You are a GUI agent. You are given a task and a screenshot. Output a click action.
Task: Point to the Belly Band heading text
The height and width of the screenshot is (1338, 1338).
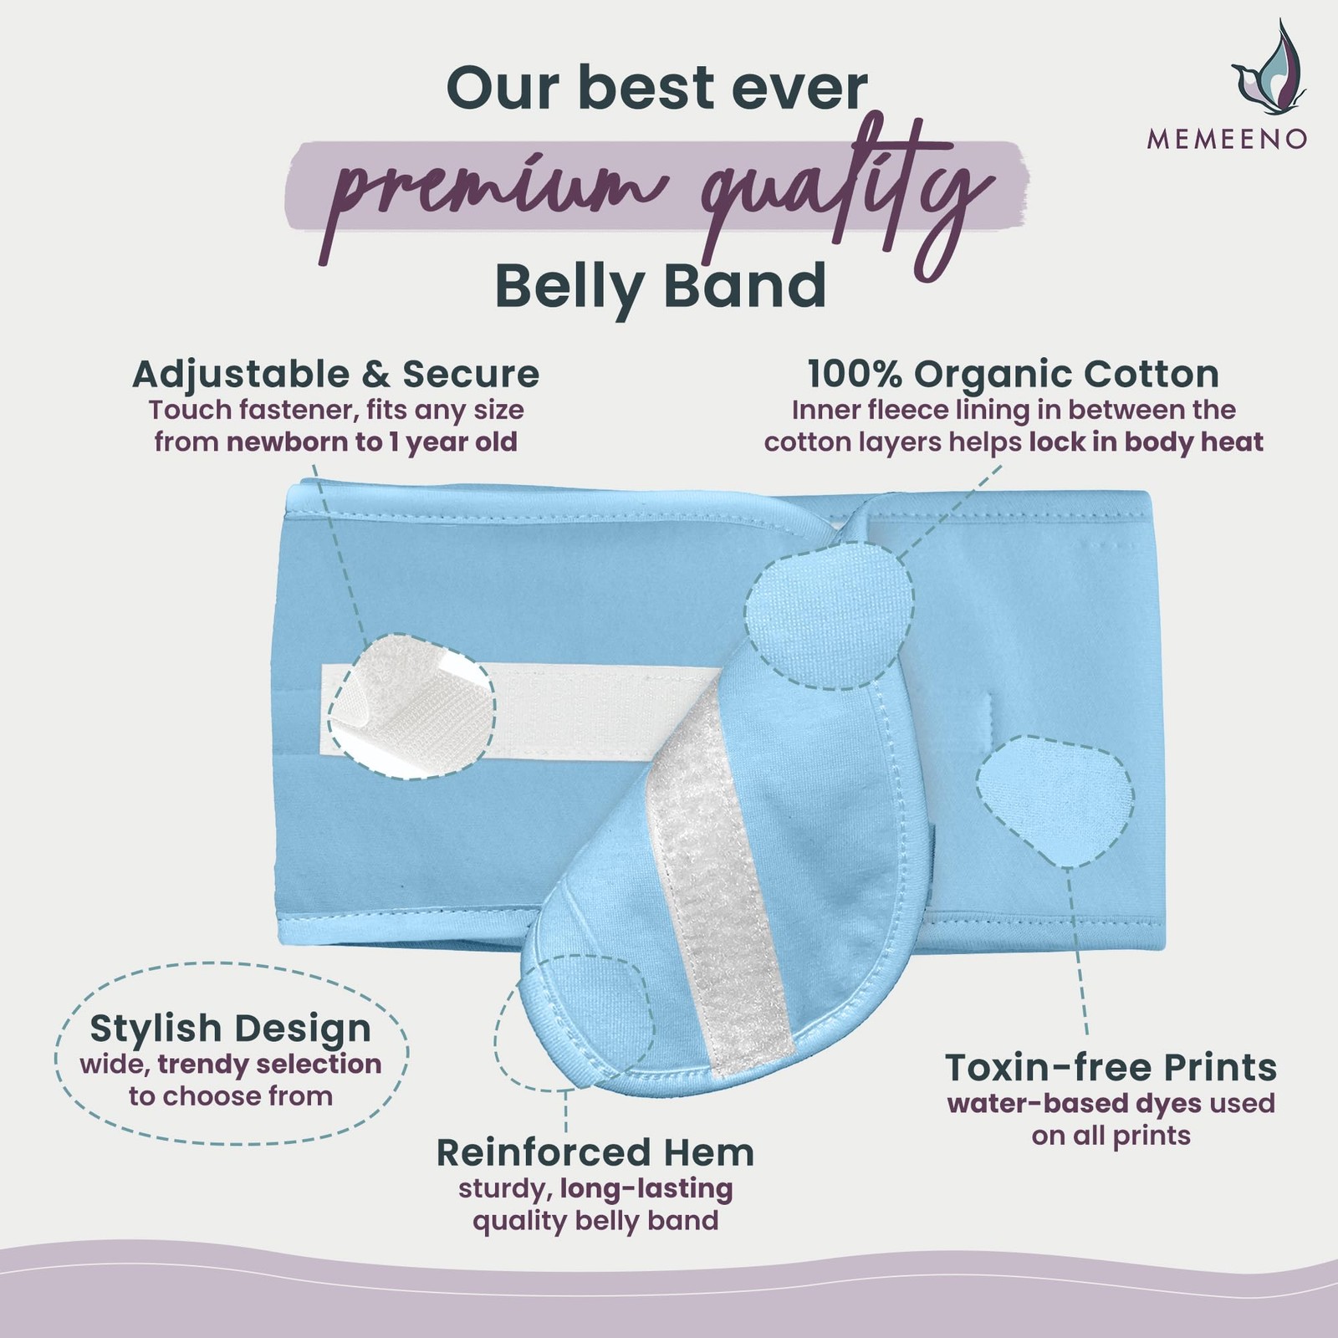(661, 286)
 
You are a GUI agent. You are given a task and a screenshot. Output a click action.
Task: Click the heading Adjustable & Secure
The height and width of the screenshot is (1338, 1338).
(336, 374)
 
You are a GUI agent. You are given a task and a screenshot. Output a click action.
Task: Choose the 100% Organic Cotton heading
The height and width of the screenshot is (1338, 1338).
(1014, 374)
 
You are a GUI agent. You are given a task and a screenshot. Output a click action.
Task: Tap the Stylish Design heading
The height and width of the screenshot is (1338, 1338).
(231, 1029)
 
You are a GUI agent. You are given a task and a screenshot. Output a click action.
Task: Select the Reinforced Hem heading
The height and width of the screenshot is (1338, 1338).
(595, 1152)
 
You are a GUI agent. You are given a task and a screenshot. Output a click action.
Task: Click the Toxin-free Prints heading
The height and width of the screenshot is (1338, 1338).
(1111, 1068)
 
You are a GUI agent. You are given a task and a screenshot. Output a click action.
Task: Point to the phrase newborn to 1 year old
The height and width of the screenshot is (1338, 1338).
(372, 442)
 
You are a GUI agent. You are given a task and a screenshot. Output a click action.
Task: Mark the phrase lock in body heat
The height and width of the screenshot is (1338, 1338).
(1146, 442)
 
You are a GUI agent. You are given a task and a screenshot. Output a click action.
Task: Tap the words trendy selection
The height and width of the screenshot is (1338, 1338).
(269, 1064)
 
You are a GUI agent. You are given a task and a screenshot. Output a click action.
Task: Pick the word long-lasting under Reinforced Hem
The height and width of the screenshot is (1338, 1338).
(646, 1188)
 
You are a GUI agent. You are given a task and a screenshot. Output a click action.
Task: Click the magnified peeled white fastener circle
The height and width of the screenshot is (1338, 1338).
(411, 707)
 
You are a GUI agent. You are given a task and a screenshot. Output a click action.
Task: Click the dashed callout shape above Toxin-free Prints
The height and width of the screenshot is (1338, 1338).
(1055, 800)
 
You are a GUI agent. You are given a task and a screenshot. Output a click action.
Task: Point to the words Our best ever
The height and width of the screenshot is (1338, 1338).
(657, 88)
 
